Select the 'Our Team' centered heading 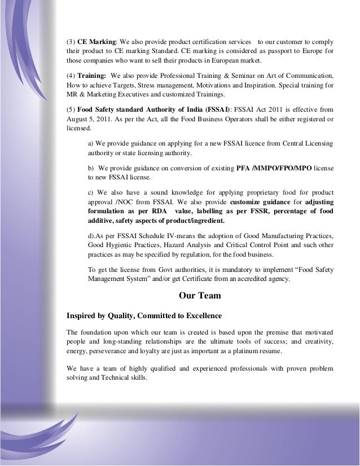(199, 295)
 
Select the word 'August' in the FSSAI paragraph (77, 119)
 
